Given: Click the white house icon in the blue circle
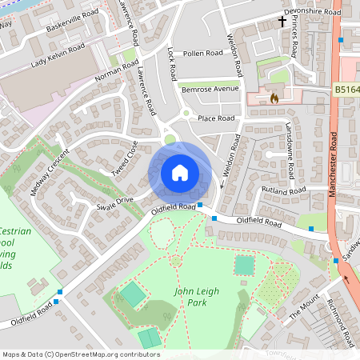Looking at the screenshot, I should pos(180,172).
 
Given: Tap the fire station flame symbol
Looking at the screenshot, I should pos(274,98).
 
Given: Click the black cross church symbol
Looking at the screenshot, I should pos(282,22).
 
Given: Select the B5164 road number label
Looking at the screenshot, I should pos(346,89).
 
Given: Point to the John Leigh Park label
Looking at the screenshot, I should pos(196,297).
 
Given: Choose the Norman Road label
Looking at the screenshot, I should pos(117,73).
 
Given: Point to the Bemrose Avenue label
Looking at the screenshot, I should pos(209,90).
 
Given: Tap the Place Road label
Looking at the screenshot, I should pos(216,118).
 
